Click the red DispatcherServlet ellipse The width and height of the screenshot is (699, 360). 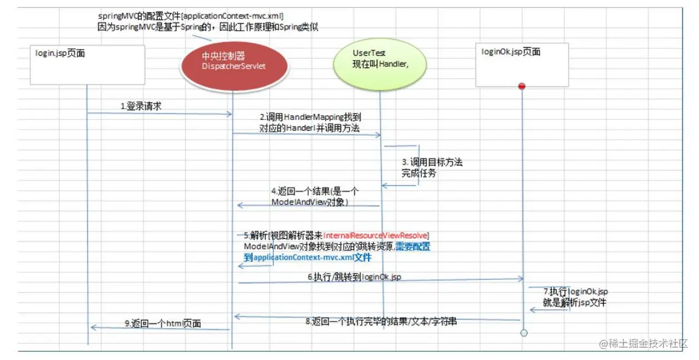(x=233, y=62)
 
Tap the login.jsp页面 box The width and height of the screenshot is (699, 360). (x=87, y=65)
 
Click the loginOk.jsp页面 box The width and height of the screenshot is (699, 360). (x=522, y=65)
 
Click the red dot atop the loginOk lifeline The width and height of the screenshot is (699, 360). (x=522, y=86)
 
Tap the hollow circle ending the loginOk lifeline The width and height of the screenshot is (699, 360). (x=523, y=333)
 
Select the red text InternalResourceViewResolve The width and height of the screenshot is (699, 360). (x=376, y=236)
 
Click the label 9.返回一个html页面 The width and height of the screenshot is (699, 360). (x=162, y=323)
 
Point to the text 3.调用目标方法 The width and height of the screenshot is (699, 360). (x=432, y=162)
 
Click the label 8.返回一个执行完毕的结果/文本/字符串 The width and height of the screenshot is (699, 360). (x=381, y=321)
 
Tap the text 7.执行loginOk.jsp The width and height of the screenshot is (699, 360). (x=575, y=292)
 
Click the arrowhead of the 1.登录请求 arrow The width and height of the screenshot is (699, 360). (x=229, y=114)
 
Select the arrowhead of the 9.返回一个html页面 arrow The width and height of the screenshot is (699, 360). (x=93, y=328)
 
